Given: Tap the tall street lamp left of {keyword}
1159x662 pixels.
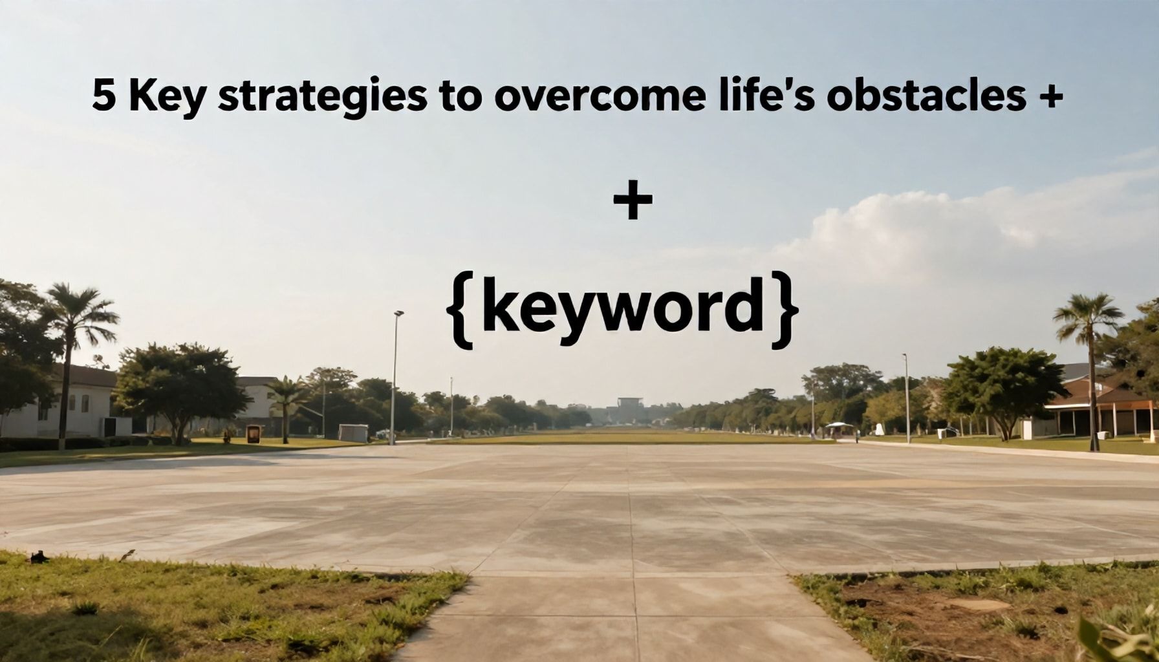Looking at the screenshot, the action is click(394, 378).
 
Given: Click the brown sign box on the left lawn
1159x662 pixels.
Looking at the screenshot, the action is click(253, 434).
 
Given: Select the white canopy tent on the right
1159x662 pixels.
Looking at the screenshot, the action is click(839, 429).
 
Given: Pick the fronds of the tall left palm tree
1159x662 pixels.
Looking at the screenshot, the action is click(80, 314).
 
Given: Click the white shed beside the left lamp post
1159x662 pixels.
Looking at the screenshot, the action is click(353, 433).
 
